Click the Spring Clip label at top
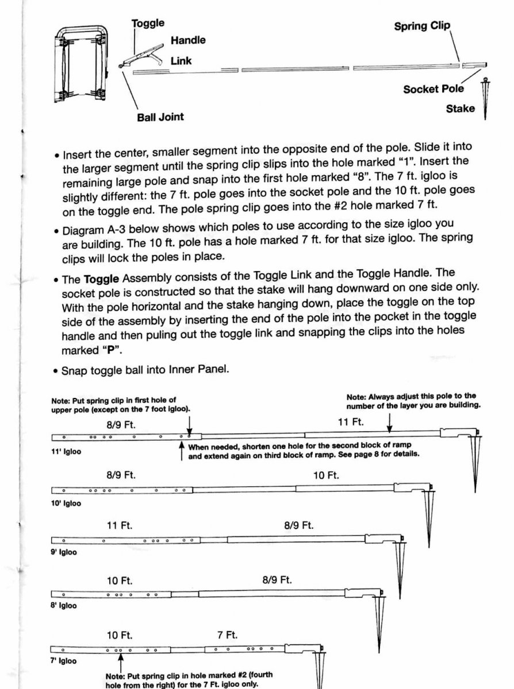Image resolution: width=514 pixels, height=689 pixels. pos(421,26)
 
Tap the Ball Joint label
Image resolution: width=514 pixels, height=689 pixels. pos(160,117)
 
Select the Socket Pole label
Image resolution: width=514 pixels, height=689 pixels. pos(433,89)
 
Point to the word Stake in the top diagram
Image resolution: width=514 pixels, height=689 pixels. pos(460,109)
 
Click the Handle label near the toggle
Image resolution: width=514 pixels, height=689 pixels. pos(187,40)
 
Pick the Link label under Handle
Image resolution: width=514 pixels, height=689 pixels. pos(181,60)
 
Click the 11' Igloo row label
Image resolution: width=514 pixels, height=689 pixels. pos(66,451)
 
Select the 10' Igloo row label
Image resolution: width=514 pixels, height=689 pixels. pos(66,504)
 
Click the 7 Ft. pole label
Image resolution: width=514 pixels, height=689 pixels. pos(227,635)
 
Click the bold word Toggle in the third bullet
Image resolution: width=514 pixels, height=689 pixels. pos(101,280)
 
